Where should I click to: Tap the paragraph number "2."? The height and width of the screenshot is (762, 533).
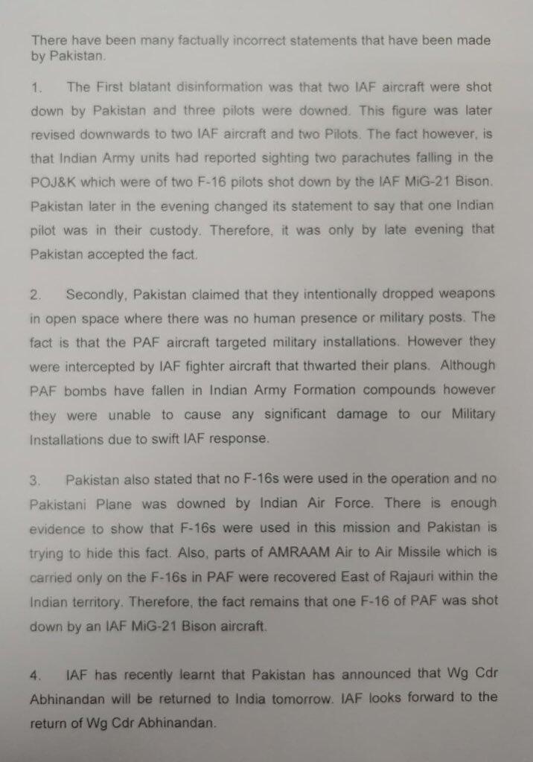(36, 295)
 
